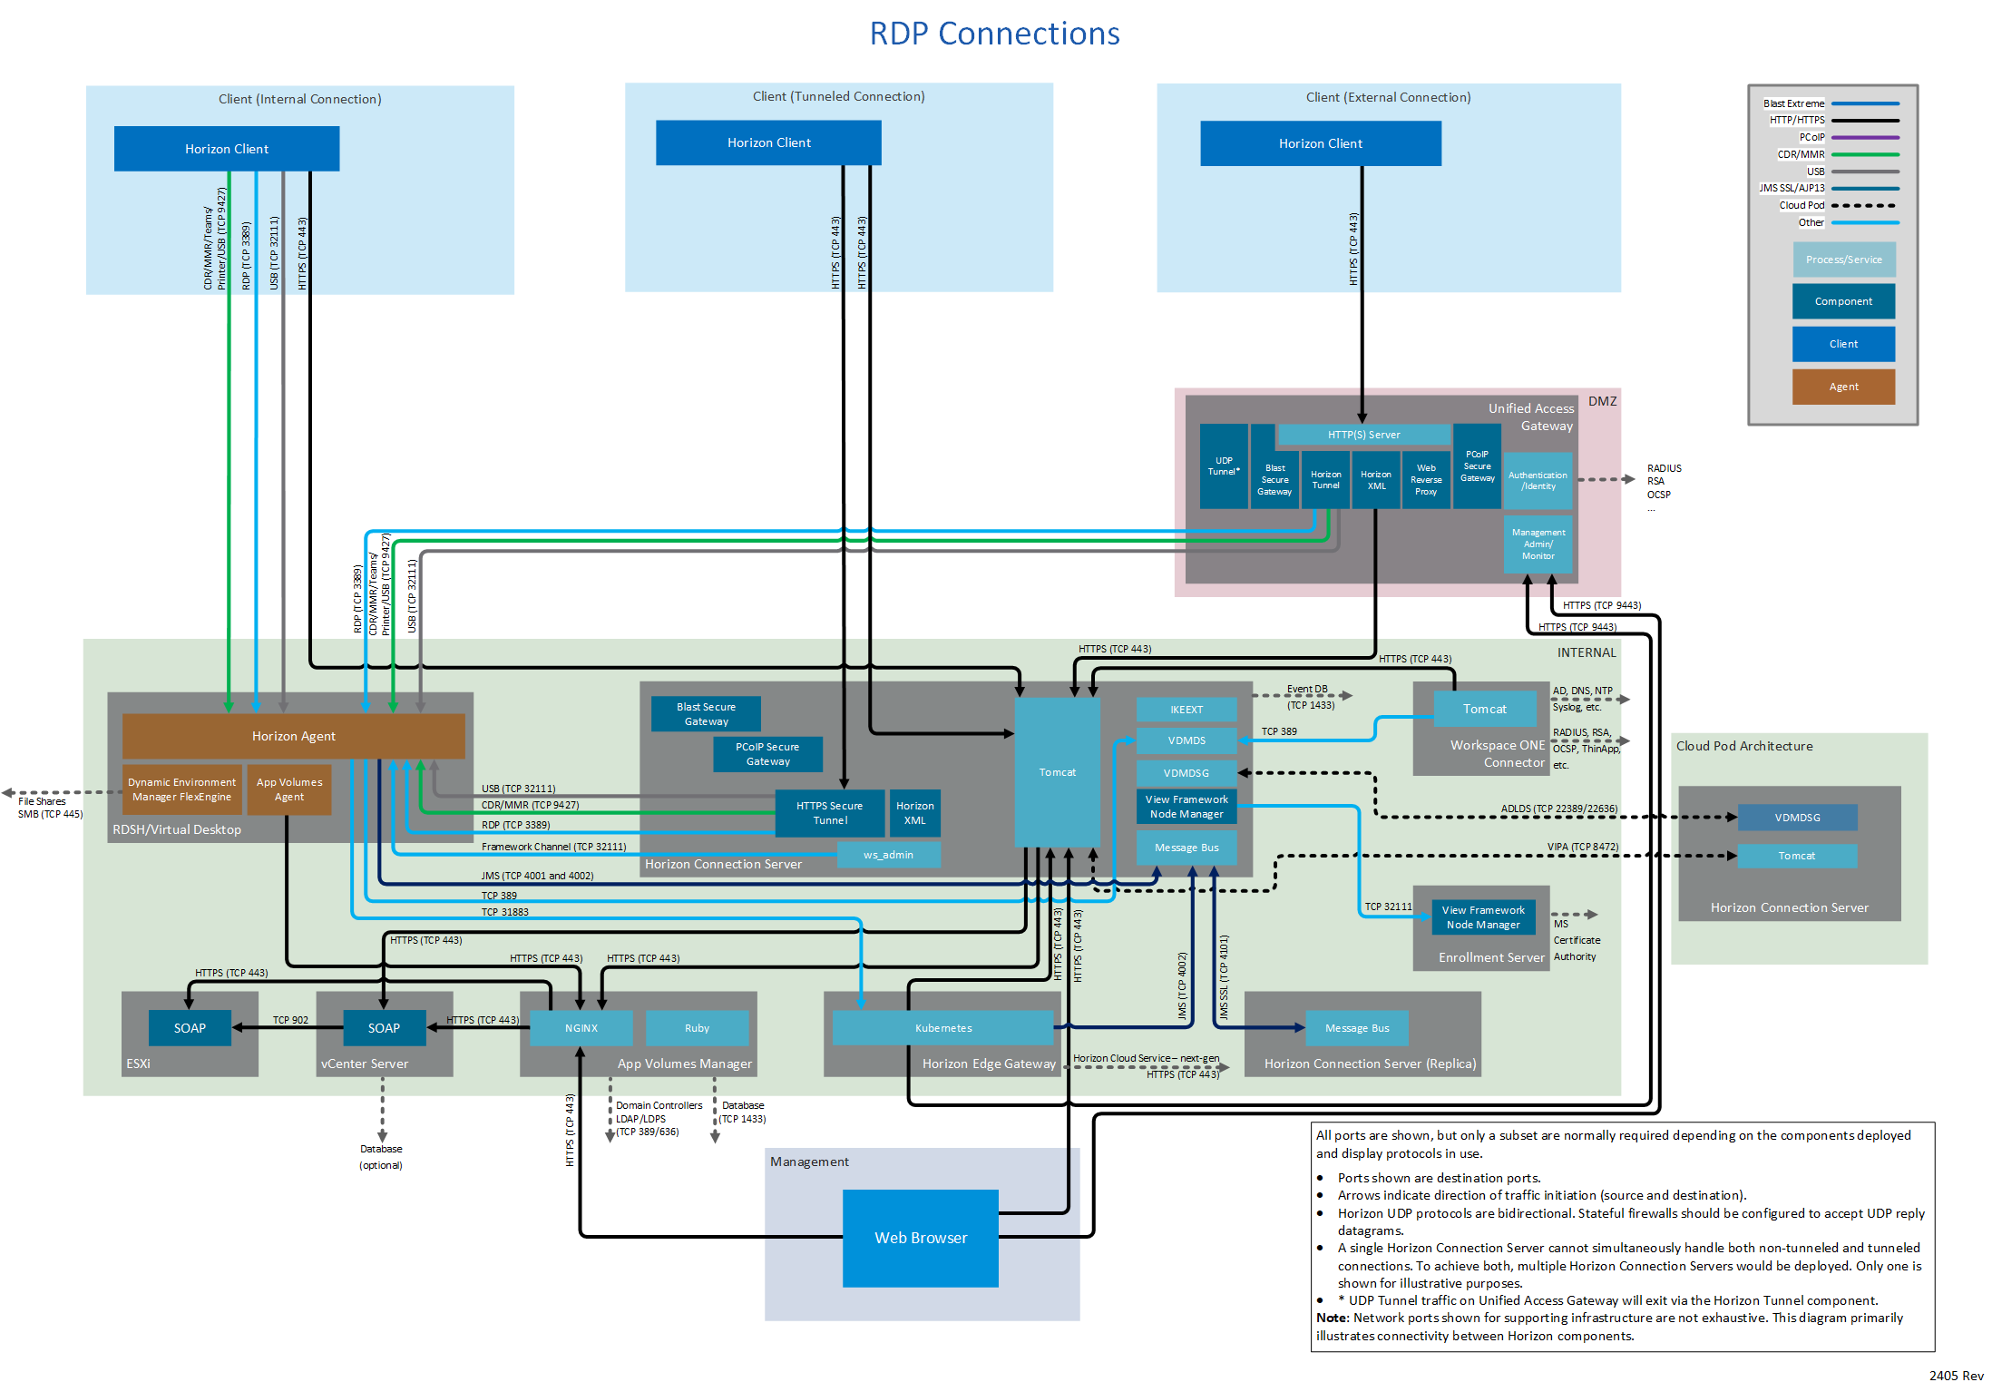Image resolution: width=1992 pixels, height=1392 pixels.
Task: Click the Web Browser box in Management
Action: coord(920,1238)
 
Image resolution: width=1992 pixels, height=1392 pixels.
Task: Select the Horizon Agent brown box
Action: coord(293,736)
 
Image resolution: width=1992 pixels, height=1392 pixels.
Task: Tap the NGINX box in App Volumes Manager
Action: coord(581,1028)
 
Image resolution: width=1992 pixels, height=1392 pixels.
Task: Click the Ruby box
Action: coord(697,1028)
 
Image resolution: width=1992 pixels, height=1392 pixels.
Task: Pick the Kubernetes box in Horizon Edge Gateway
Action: coord(942,1028)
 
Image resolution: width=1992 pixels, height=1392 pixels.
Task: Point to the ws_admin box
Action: coord(888,855)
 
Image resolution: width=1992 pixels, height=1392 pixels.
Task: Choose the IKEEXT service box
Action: coord(1186,710)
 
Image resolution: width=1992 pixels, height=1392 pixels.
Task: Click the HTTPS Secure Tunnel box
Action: coord(829,813)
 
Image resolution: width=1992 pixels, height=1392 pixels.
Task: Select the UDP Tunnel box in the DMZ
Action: coord(1223,466)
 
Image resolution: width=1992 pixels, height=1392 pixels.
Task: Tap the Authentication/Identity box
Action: coord(1538,481)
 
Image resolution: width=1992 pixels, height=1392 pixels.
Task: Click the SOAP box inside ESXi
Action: coord(190,1028)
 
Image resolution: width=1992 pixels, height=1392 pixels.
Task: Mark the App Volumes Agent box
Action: coord(289,789)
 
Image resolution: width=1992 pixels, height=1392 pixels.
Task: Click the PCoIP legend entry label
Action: coord(1811,137)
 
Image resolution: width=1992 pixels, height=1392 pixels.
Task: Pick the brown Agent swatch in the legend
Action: coord(1843,387)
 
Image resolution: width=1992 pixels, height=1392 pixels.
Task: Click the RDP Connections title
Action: coord(994,34)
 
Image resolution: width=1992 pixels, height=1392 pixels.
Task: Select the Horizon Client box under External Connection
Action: coord(1320,143)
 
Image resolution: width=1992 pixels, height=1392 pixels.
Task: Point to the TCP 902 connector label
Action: coord(290,1020)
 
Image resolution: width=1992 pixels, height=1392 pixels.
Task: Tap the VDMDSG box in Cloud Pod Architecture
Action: coord(1797,818)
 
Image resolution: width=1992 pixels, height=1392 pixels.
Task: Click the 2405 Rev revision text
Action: coord(1956,1376)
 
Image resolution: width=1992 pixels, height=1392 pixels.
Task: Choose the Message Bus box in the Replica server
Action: coord(1356,1028)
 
